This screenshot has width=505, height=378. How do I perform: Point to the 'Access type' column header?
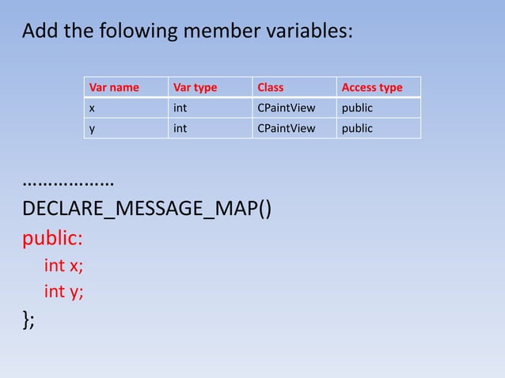tap(371, 87)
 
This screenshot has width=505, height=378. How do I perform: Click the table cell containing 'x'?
tap(93, 108)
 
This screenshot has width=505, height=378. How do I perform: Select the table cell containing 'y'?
tap(93, 128)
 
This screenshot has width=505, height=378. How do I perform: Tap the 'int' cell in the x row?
tap(180, 108)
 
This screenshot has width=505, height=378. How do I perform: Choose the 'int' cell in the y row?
tap(180, 128)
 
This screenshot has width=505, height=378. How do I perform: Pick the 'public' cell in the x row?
tap(357, 108)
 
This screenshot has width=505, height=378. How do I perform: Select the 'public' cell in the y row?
tap(357, 128)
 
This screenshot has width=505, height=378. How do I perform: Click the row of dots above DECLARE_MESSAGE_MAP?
tap(68, 183)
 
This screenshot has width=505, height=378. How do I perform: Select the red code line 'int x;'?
tap(63, 265)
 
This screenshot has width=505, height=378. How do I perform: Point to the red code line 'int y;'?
tap(63, 292)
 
